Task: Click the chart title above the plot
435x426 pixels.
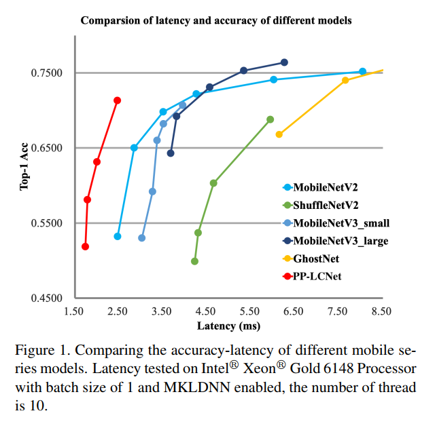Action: pos(216,20)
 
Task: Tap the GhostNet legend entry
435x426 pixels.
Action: pos(315,258)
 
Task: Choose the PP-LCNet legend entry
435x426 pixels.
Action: pos(316,276)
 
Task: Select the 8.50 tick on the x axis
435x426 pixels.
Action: pos(381,311)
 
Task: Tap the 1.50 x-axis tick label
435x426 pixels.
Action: pos(73,311)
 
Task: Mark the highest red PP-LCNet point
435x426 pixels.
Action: pos(117,100)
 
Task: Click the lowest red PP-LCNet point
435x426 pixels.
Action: pos(85,246)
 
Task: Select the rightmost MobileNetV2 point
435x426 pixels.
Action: pos(362,71)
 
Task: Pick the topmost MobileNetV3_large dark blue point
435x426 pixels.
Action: pos(284,62)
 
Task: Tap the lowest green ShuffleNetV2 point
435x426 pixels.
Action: pos(194,261)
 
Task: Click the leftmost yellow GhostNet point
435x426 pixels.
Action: pos(279,134)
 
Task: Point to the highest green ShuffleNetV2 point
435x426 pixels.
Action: pos(270,119)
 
